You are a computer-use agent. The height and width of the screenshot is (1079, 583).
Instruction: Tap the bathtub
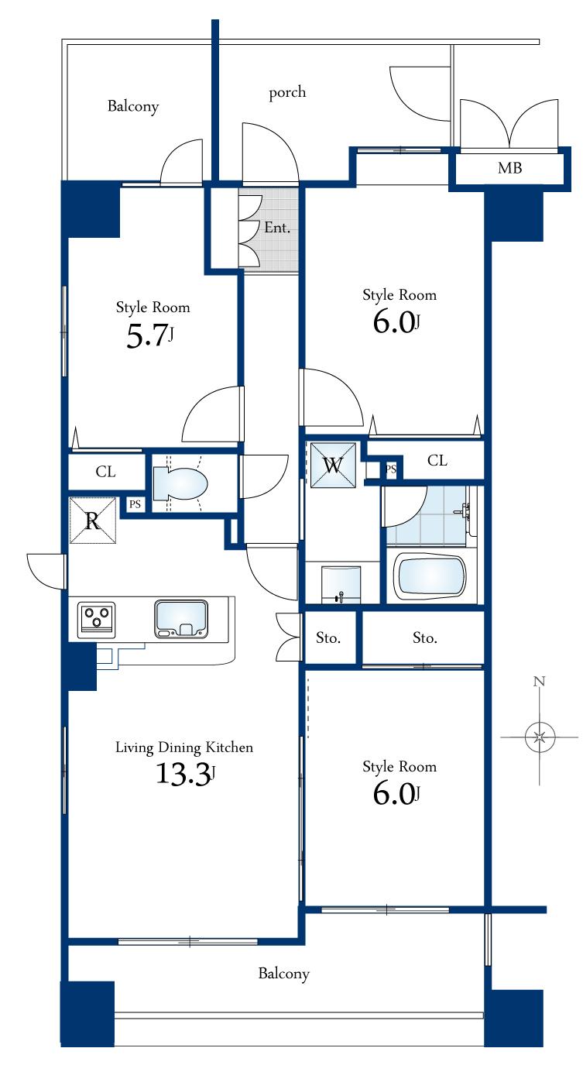click(x=430, y=576)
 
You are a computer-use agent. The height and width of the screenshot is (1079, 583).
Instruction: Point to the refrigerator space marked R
click(x=92, y=521)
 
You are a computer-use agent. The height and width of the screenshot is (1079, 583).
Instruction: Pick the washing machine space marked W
click(x=333, y=466)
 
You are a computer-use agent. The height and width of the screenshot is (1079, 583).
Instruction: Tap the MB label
click(x=509, y=168)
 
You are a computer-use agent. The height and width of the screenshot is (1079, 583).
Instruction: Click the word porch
click(x=287, y=93)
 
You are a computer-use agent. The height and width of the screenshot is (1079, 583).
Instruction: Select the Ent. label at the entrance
click(x=276, y=228)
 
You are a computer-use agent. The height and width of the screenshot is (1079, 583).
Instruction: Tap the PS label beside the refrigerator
click(x=135, y=504)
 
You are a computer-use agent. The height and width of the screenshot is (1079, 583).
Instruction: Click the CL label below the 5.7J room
click(x=106, y=472)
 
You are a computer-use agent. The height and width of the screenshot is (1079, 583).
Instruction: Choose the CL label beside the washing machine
click(x=437, y=461)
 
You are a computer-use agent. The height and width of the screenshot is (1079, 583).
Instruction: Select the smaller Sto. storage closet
click(x=328, y=638)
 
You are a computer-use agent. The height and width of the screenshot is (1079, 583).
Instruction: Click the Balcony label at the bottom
click(x=283, y=974)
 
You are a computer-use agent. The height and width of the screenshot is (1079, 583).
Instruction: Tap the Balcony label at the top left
click(x=133, y=107)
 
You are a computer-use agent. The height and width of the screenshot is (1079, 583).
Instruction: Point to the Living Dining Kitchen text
click(x=184, y=747)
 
